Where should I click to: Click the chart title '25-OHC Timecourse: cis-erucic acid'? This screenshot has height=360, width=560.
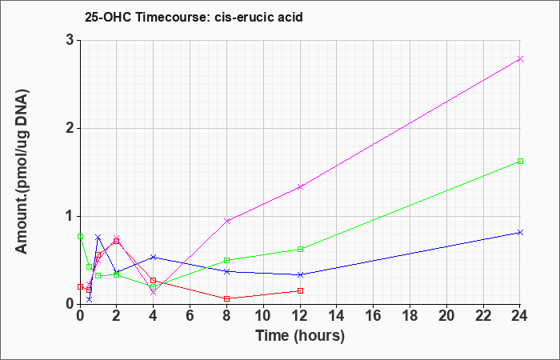coord(194,17)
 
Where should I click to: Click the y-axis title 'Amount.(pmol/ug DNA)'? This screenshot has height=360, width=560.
coord(22,172)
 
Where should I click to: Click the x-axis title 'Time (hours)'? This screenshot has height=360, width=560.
coord(300,336)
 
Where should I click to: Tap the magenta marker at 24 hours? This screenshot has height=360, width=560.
coord(520,59)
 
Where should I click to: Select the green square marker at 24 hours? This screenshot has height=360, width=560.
coord(520,162)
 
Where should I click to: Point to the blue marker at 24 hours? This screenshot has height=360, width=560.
coord(520,233)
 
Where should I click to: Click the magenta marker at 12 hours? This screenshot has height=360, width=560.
coord(300,186)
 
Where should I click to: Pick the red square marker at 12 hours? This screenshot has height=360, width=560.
coord(300,291)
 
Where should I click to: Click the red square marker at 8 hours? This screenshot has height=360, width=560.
coord(226,299)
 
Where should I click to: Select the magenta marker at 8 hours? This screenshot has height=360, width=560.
coord(226,221)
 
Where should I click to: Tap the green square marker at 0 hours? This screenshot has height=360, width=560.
coord(80,237)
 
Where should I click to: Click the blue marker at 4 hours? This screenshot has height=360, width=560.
coord(154,257)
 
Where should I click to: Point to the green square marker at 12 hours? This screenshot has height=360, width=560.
coord(300,250)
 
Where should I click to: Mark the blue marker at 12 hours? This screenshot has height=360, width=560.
coord(300,275)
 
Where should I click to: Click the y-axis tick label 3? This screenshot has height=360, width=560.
coord(70,41)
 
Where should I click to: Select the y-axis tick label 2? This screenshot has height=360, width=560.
coord(70,129)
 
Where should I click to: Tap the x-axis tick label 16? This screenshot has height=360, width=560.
coord(374,316)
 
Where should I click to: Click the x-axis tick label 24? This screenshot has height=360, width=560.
coord(520,316)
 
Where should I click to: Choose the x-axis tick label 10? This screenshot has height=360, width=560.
coord(263,316)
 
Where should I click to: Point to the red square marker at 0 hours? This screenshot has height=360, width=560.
coord(80,286)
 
